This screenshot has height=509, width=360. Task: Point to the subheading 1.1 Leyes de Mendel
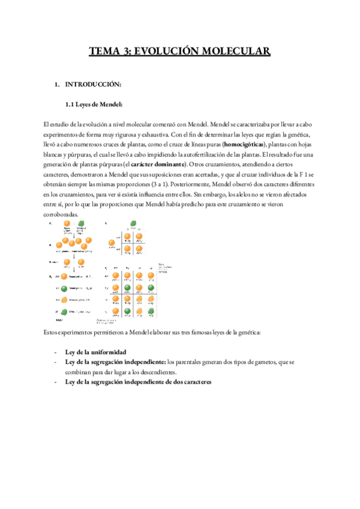click(x=94, y=105)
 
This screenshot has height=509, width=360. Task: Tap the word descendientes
click(x=146, y=372)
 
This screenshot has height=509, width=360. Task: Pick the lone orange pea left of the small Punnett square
click(x=111, y=243)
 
